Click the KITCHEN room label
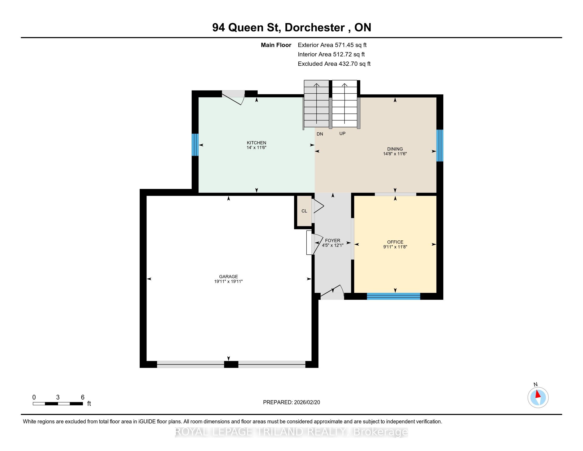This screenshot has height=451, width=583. point(256,143)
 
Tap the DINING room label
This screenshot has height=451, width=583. point(395,149)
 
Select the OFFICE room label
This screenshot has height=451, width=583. point(395,242)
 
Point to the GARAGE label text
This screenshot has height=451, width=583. point(228,276)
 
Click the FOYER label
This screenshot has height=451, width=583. point(333,240)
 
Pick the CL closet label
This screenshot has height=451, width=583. point(304,211)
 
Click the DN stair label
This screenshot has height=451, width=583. point(320,134)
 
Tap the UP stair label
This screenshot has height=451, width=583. point(342,133)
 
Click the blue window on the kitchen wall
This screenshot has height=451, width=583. point(195,145)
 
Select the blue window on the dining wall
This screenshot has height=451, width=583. point(440,146)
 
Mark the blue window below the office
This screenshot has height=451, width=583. point(394,296)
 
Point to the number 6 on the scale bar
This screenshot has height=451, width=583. point(83,397)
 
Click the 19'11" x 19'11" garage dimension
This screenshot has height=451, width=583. point(228,281)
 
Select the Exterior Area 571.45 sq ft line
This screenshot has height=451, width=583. point(332,45)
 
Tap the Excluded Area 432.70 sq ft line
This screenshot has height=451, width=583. point(334,64)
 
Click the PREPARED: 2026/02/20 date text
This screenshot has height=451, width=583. point(291,402)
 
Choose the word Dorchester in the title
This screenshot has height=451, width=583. point(315,28)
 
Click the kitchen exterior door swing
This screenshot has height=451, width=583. point(233,98)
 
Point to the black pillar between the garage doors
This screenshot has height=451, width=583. point(231,364)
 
